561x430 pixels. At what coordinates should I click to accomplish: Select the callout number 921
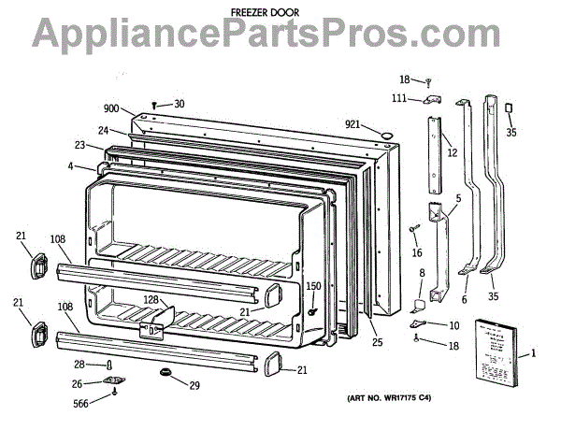pos(352,124)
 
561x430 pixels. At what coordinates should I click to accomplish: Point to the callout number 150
pos(314,286)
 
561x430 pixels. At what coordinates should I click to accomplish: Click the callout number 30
pos(179,104)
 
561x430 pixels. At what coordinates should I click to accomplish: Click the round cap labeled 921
pos(382,136)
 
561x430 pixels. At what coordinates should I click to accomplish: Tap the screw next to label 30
pos(156,105)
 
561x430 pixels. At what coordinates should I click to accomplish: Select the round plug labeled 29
pos(168,374)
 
